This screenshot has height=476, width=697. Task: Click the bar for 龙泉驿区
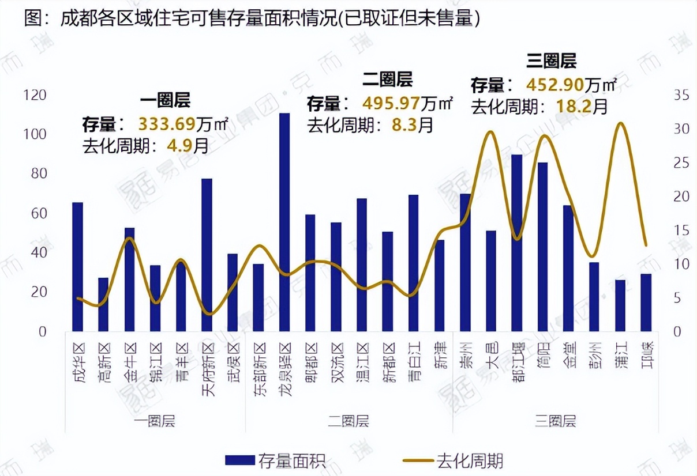[x=284, y=222]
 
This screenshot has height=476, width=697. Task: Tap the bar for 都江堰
[x=517, y=243]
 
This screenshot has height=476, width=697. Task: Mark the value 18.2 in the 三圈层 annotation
[x=569, y=106]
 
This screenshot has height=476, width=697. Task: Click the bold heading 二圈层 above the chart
[x=388, y=78]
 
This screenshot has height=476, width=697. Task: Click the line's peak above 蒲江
[x=620, y=123]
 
